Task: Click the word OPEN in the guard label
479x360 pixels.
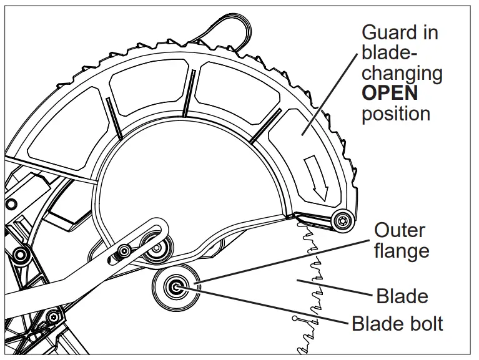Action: tap(390, 93)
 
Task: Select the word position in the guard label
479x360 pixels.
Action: tap(396, 114)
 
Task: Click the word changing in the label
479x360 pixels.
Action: tap(402, 73)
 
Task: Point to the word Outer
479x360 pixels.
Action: tap(400, 230)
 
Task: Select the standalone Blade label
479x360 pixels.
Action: tap(402, 295)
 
